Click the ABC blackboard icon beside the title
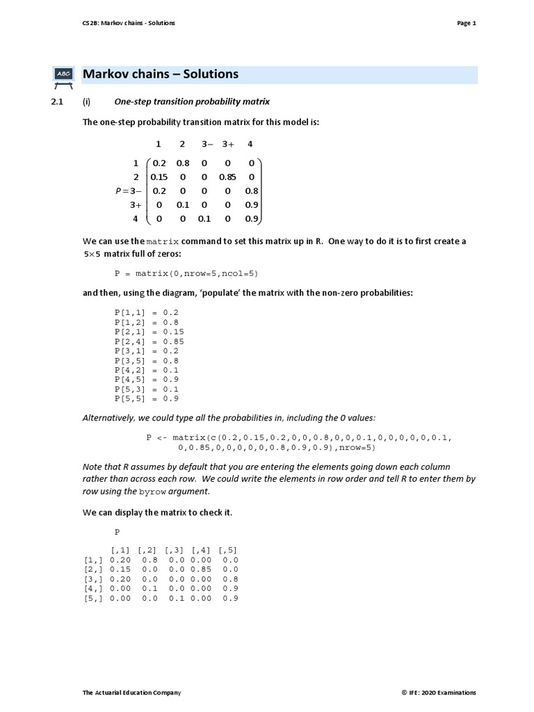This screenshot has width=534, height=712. pos(63,75)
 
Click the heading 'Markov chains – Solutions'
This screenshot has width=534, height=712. pos(161,74)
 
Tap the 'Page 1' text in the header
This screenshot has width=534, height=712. pos(466,23)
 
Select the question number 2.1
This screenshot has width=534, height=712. pos(57,102)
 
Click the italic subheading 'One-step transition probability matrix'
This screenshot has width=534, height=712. pos(192,102)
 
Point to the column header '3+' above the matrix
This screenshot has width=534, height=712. pos(229,144)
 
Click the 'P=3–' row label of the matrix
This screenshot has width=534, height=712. pos(128,191)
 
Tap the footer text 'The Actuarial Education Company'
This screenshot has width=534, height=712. pos(131,693)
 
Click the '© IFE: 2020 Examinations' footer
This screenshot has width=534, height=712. pos(438,693)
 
